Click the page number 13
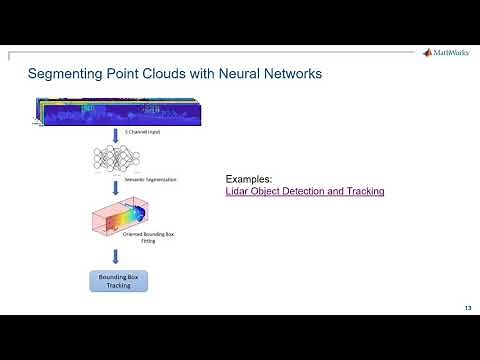click(x=467, y=307)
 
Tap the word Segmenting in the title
click(x=67, y=75)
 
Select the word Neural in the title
click(x=235, y=75)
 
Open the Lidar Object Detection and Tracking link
click(x=305, y=190)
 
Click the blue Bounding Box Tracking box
click(x=119, y=279)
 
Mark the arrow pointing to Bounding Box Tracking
click(x=119, y=257)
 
